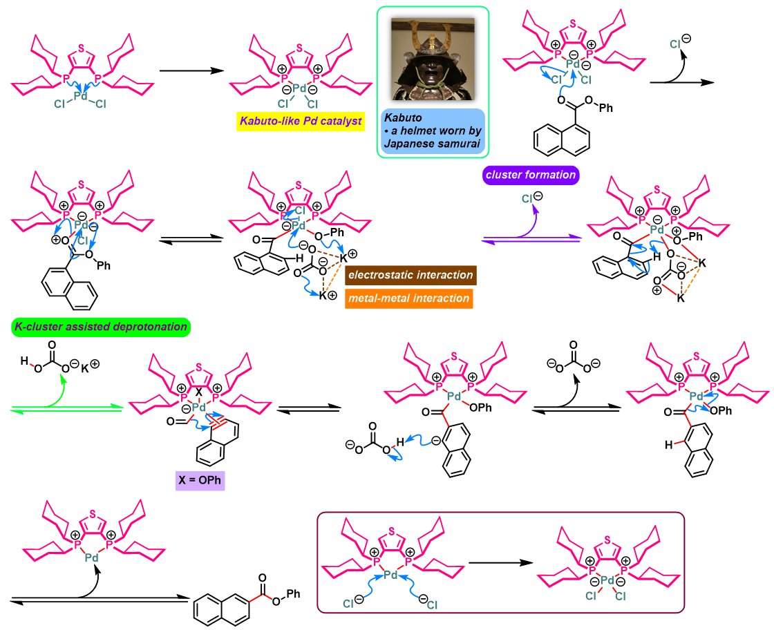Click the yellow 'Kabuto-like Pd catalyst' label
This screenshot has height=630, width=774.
[301, 121]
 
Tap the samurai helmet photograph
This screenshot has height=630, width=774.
[433, 59]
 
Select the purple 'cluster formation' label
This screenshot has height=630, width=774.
[531, 175]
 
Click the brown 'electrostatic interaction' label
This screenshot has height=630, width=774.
[410, 275]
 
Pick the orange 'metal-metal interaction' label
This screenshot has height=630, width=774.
[408, 298]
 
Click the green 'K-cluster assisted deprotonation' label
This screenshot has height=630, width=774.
[101, 327]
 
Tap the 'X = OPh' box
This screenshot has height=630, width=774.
[200, 480]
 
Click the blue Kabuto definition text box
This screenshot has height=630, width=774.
[433, 131]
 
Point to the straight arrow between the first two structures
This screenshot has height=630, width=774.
[192, 70]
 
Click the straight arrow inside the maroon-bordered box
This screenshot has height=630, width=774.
[501, 562]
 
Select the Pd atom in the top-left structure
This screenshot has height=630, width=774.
[80, 96]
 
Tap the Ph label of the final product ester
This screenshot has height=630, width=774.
[293, 593]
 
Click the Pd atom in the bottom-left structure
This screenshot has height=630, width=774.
[92, 558]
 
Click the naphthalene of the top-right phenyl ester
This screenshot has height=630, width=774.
[561, 140]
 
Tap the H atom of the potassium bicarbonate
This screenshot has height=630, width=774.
[24, 361]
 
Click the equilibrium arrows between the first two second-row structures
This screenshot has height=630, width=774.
[191, 239]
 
